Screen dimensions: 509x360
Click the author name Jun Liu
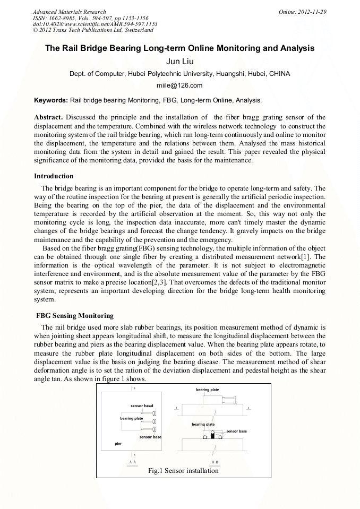point(179,62)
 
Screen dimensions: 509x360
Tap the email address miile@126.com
point(179,85)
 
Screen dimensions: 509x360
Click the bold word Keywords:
point(51,100)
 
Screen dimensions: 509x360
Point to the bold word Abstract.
point(48,117)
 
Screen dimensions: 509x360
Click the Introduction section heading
point(54,176)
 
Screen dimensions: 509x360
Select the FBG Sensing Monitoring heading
point(75,316)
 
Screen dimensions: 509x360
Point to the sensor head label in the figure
point(142,406)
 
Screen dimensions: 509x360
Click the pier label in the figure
point(118,443)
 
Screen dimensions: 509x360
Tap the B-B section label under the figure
point(215,462)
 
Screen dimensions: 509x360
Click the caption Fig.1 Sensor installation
point(183,470)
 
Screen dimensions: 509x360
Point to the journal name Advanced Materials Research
point(69,12)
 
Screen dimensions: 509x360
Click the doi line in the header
point(95,24)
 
